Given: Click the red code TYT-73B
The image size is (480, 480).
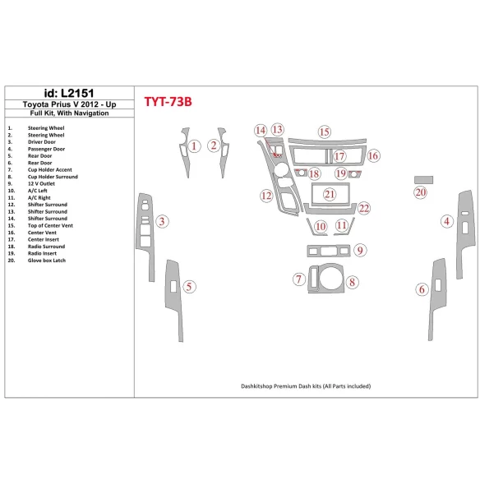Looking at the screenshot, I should [168, 102].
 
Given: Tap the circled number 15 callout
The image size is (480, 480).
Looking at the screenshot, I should [325, 132].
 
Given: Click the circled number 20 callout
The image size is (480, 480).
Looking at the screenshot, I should [420, 192].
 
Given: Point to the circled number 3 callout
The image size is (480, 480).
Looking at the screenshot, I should [164, 221].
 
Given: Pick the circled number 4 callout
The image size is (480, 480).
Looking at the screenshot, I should [447, 220].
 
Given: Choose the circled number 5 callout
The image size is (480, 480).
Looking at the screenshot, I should [190, 287].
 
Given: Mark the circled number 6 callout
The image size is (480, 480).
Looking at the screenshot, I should [422, 288].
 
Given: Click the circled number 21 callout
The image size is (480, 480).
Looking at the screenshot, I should [330, 194].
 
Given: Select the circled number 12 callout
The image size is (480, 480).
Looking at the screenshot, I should [266, 196].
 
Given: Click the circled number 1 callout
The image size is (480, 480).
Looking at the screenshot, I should [194, 147].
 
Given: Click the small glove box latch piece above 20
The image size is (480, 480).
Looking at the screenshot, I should [422, 178].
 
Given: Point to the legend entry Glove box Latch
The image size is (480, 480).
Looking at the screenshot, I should [47, 260].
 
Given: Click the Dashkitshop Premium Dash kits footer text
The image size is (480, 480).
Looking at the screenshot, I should [306, 385].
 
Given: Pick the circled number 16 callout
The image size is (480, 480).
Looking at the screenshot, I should [373, 155].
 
